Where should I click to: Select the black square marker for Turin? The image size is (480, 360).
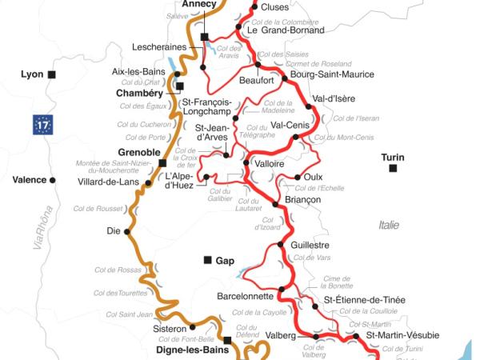point(393,169)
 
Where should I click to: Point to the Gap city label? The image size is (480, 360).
point(224,260)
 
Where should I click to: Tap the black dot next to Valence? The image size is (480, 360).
point(53,180)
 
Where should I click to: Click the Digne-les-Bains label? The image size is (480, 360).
point(188,350)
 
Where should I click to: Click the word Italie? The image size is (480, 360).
point(389,226)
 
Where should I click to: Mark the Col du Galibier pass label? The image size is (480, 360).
point(222,196)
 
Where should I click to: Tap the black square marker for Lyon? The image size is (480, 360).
point(52,74)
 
